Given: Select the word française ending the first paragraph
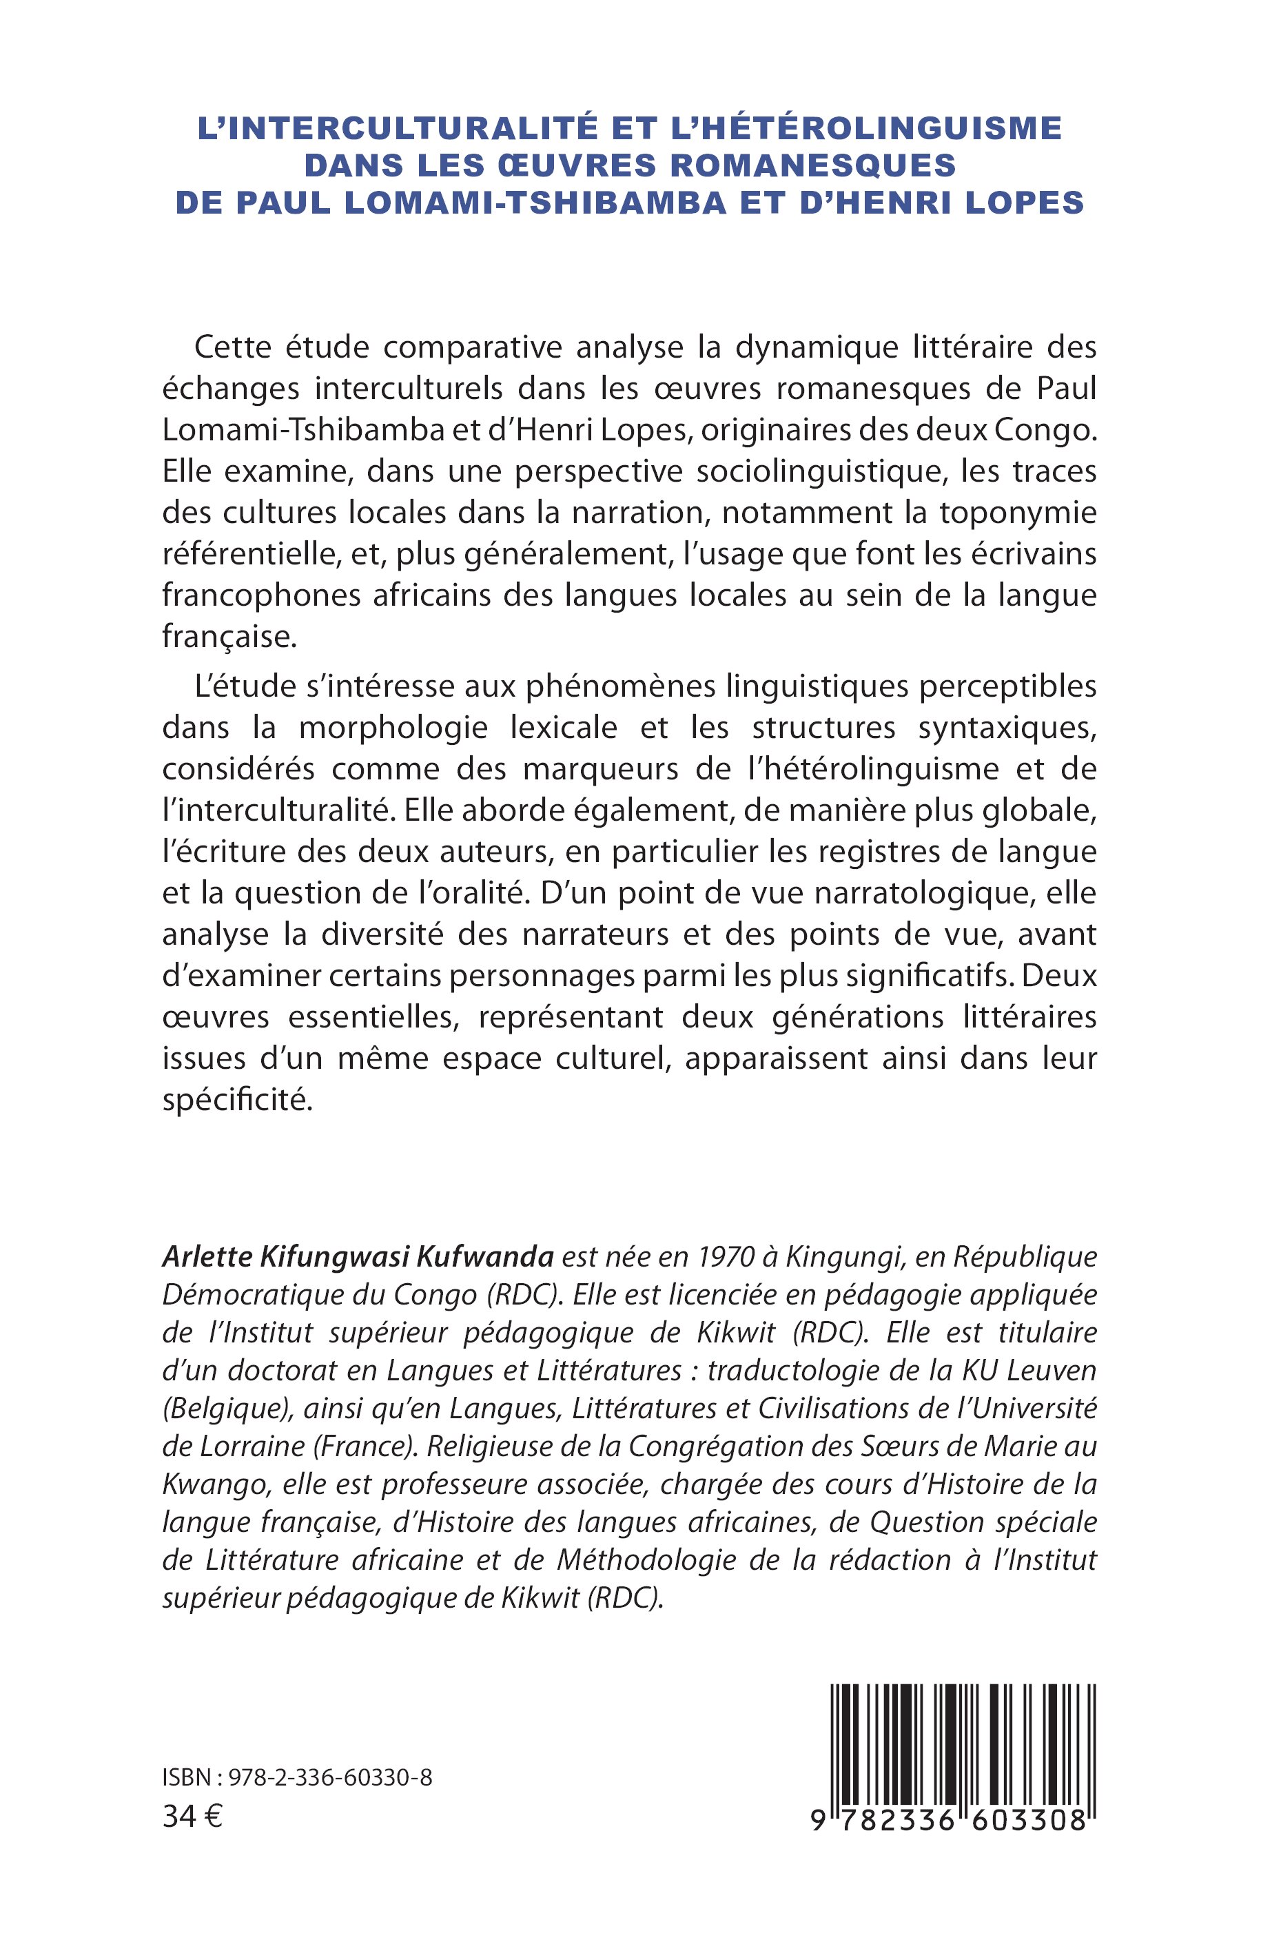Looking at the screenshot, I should coord(227,636).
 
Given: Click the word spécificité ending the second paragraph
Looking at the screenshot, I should coord(238,1100).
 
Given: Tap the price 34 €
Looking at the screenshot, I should coord(192,1817).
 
